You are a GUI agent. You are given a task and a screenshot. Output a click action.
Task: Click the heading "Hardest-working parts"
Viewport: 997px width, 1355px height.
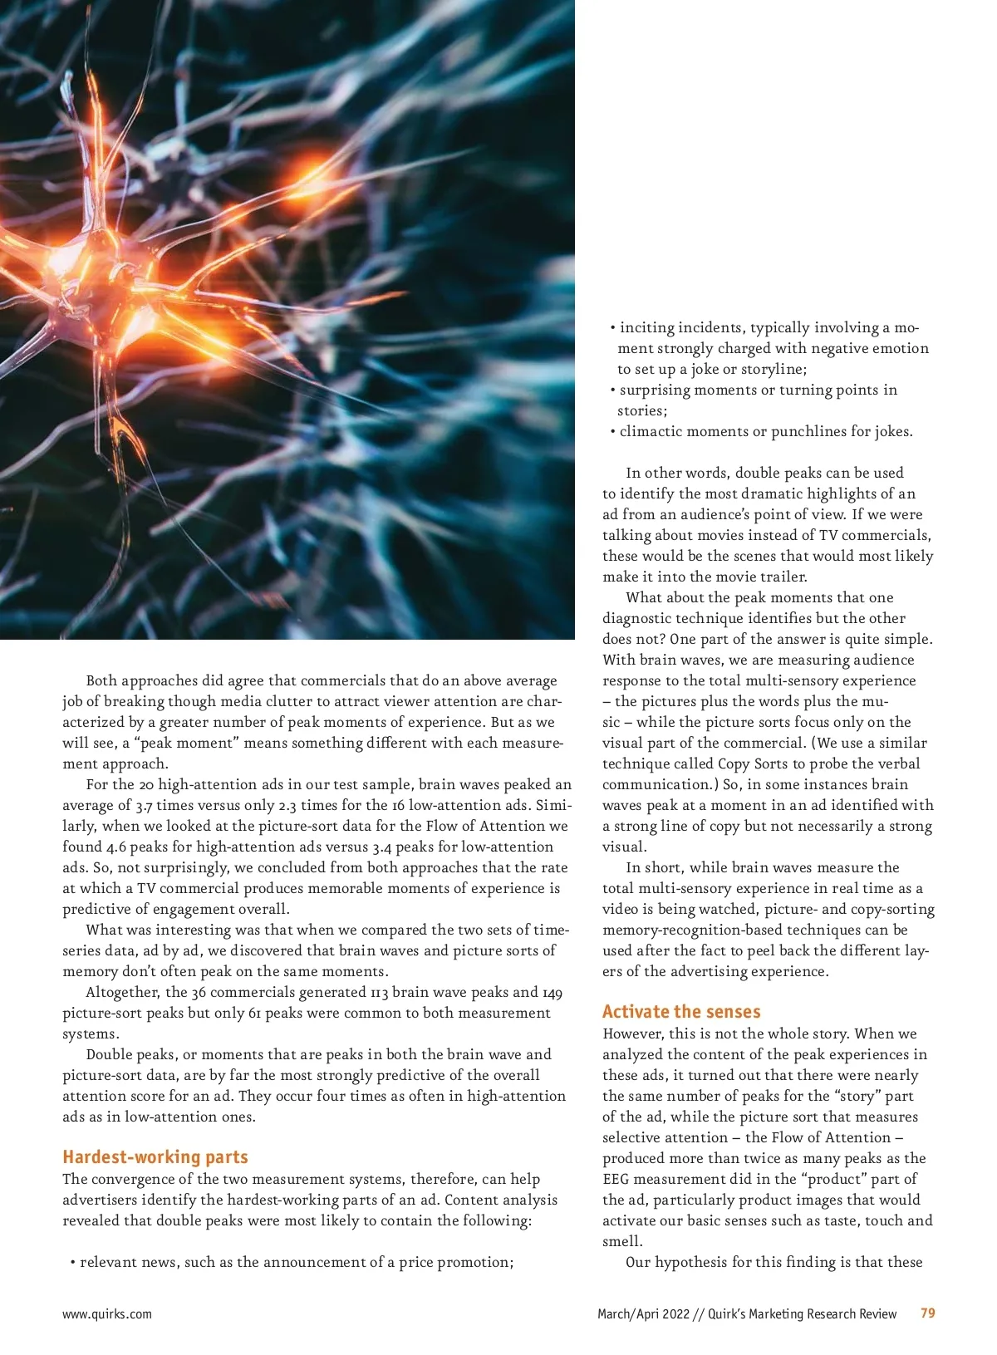[155, 1156]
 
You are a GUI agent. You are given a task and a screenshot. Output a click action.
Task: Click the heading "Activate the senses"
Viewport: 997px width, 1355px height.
[680, 1011]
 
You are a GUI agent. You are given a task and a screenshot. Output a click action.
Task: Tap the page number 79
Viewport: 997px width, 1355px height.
[927, 1313]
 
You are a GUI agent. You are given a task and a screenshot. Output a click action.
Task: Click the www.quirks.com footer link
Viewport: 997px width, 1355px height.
[107, 1313]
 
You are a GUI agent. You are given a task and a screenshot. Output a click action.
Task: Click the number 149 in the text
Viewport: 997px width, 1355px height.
[553, 992]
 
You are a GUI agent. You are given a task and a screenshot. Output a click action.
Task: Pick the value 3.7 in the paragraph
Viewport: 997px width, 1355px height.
[144, 805]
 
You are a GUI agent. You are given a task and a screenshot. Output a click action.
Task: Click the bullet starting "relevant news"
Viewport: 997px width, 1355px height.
[291, 1262]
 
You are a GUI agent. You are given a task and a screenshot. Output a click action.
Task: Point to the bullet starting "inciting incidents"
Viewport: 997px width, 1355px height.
[769, 327]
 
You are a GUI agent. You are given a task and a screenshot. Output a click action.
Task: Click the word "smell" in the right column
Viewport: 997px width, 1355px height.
[621, 1241]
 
